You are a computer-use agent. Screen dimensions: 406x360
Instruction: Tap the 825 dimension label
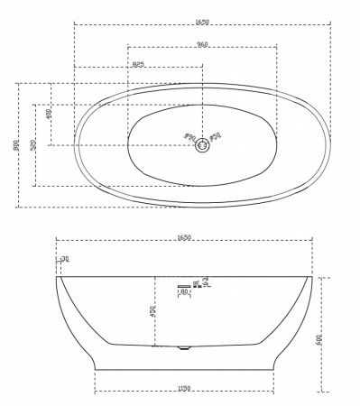coord(138,64)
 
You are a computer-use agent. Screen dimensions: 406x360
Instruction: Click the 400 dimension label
coord(49,114)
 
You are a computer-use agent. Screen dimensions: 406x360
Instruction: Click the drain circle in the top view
coord(203,144)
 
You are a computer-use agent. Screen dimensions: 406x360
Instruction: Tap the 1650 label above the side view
coord(184,237)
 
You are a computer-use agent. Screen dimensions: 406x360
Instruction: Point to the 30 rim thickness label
coord(65,259)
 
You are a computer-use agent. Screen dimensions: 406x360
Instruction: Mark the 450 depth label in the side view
coord(153,311)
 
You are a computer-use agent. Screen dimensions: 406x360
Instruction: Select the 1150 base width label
coord(184,388)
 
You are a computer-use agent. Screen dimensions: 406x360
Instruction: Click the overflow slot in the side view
coord(184,285)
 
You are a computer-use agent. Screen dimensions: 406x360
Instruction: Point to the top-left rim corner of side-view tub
coord(57,277)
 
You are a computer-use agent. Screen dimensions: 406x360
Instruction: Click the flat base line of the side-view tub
coord(184,369)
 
